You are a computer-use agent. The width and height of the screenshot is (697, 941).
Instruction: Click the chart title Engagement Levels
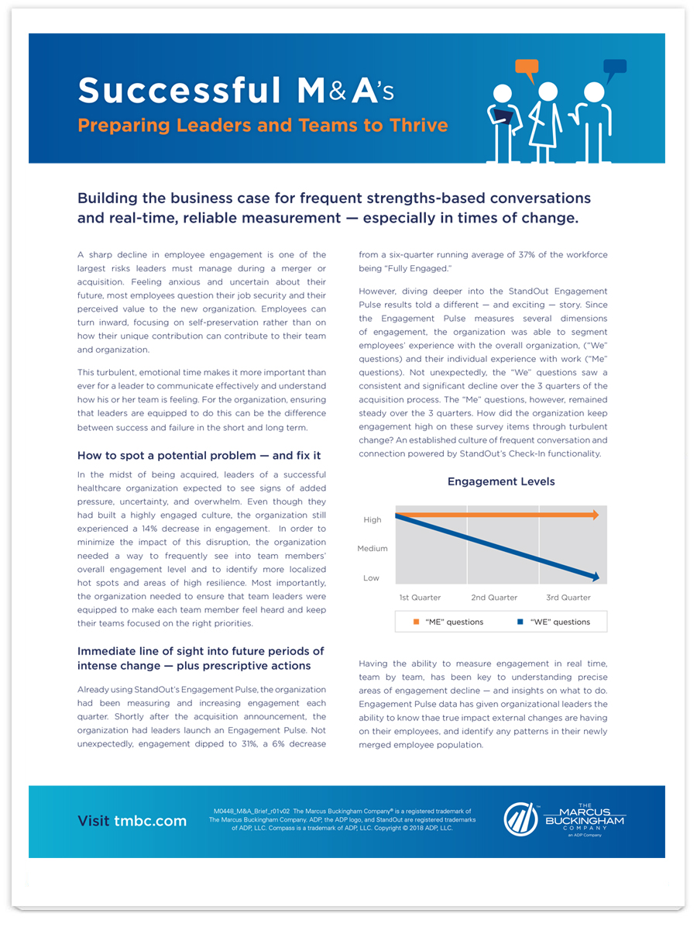point(501,481)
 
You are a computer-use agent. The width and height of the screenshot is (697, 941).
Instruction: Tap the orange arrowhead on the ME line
point(595,515)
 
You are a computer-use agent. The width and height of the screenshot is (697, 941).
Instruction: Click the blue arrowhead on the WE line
point(594,576)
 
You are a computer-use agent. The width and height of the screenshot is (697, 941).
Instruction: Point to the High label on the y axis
point(372,520)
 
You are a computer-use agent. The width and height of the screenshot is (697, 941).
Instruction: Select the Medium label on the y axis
point(372,549)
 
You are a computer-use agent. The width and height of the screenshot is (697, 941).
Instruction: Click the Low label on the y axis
point(372,578)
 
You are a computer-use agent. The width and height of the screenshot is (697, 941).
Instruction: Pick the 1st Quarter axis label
point(420,598)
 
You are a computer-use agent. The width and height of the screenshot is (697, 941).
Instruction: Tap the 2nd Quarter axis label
point(494,598)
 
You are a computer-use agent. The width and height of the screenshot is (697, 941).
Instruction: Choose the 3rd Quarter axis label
point(568,598)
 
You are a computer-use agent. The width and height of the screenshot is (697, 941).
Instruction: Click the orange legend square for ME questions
point(416,622)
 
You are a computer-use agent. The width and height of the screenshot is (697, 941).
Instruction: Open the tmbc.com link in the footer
point(150,821)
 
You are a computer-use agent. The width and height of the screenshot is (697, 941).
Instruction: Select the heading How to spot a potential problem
point(199,455)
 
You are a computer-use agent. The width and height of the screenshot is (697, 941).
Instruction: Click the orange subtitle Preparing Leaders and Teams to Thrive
point(263,125)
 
